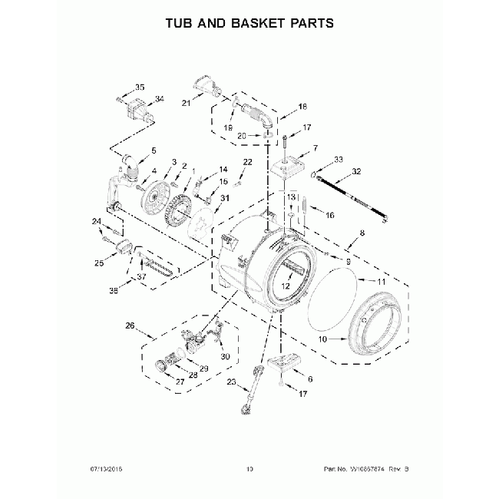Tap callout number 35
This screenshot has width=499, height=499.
click(x=140, y=87)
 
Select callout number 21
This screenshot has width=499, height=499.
click(x=186, y=104)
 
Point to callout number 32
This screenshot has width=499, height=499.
click(x=355, y=171)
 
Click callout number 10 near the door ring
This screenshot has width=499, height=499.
click(x=322, y=339)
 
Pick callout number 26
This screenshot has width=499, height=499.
click(x=130, y=326)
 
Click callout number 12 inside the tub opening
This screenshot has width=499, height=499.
click(x=285, y=286)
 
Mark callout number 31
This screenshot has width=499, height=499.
click(x=225, y=198)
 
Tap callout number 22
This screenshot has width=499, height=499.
click(x=247, y=161)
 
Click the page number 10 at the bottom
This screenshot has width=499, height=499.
click(x=249, y=468)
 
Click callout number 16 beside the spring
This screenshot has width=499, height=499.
click(x=329, y=216)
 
